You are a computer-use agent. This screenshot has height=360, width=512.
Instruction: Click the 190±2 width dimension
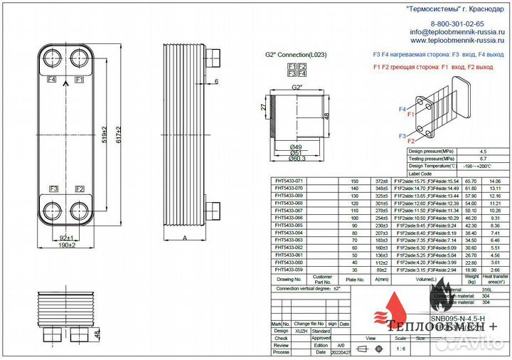tap(66, 245)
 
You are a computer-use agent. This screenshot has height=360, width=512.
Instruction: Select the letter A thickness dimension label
tap(185, 238)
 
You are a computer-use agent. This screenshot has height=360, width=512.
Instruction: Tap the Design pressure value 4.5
tap(484, 152)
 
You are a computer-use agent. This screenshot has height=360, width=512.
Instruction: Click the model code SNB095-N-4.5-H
tap(462, 317)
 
